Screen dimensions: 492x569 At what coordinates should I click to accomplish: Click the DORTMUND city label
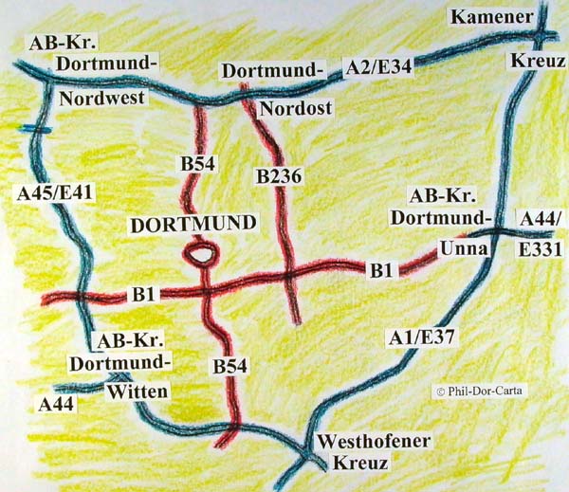click(x=193, y=225)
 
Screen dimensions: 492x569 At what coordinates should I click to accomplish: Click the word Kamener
click(x=486, y=17)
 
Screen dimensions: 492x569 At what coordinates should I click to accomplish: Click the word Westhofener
click(x=375, y=442)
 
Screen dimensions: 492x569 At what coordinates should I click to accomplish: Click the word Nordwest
click(x=100, y=98)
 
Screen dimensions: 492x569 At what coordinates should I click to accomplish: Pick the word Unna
click(x=464, y=248)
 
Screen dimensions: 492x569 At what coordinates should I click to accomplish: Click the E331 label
click(x=541, y=250)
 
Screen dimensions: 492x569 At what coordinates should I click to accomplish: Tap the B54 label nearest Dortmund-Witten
click(x=231, y=366)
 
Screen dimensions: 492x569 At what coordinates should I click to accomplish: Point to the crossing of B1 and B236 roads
click(x=288, y=277)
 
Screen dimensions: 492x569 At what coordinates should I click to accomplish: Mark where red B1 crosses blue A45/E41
click(x=81, y=298)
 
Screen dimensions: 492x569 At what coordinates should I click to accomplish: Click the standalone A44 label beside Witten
click(x=56, y=405)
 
